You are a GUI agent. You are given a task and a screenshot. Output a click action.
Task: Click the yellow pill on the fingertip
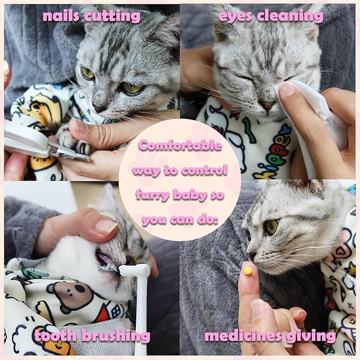pyautogui.click(x=247, y=271)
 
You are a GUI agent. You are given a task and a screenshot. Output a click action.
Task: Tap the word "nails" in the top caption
pyautogui.click(x=60, y=16)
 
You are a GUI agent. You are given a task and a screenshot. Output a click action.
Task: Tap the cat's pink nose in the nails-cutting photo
pyautogui.click(x=99, y=108)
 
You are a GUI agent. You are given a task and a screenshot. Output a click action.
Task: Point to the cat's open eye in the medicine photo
pyautogui.click(x=271, y=227)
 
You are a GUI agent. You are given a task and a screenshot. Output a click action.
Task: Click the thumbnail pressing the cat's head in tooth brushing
pyautogui.click(x=106, y=227)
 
